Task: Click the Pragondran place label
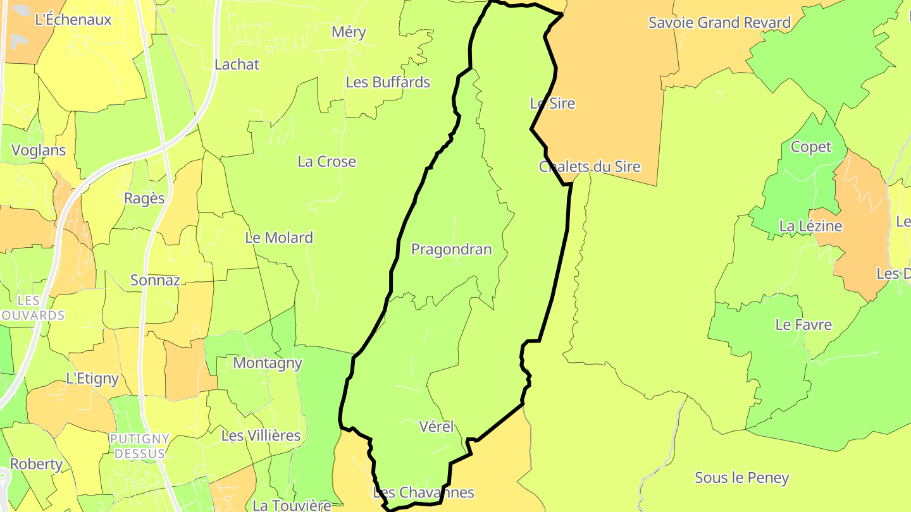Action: (451, 250)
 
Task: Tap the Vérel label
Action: (437, 427)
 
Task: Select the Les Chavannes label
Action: (423, 492)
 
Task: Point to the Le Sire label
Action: (552, 103)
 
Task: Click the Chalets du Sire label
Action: (590, 167)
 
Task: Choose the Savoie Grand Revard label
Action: (719, 23)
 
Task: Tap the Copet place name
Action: (811, 147)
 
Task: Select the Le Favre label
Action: (803, 325)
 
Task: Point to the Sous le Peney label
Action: (741, 478)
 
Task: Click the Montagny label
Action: (268, 363)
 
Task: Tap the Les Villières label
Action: (261, 436)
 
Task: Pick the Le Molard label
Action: (279, 238)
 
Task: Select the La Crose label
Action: (326, 162)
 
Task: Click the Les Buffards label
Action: (388, 82)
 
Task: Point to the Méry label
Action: (349, 32)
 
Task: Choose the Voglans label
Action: (39, 150)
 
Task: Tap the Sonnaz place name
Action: (155, 280)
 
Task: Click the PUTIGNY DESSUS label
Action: (139, 446)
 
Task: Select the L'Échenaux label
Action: (73, 20)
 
